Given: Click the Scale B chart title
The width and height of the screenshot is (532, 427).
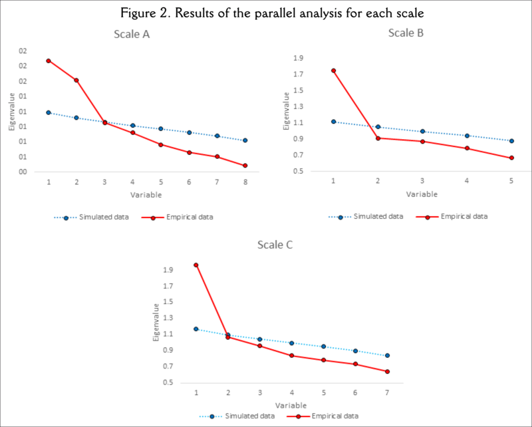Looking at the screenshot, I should (x=406, y=32).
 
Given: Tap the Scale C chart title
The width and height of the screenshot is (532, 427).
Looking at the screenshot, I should (x=275, y=245).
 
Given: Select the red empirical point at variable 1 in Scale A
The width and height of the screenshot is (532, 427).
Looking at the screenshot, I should (x=49, y=61).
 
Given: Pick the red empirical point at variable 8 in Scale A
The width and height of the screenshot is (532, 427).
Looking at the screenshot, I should (x=245, y=166).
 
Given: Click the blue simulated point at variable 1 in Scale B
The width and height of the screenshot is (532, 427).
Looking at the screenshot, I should (x=333, y=122).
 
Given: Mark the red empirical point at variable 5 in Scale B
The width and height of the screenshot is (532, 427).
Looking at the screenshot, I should (x=511, y=158).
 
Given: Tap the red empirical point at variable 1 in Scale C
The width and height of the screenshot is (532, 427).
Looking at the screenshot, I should (x=196, y=265).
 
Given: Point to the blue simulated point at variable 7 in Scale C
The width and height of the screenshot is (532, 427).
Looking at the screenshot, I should (x=387, y=355).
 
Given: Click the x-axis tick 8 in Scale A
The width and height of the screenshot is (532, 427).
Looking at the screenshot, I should (x=245, y=182).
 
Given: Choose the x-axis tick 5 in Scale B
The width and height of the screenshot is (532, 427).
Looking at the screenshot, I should (x=511, y=181).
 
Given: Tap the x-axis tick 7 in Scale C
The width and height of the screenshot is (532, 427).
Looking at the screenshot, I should (x=387, y=393).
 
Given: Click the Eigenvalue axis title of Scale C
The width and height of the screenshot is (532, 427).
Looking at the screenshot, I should (x=156, y=322).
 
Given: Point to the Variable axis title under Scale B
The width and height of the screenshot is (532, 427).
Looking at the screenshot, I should (x=422, y=194).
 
